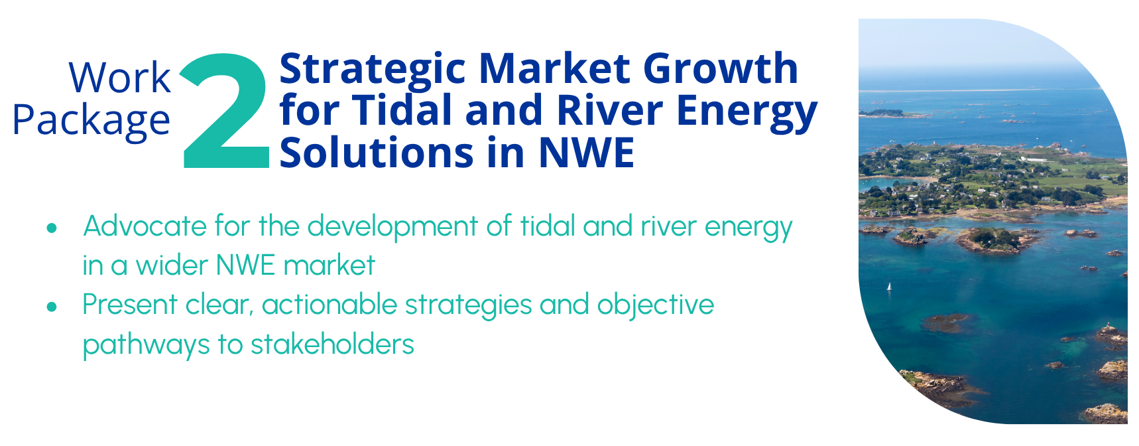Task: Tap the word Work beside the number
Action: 120,78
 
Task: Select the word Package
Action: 91,121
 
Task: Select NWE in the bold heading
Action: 587,153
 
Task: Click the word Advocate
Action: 145,226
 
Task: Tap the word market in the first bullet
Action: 330,265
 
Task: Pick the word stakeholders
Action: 332,344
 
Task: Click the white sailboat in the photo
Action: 889,287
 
